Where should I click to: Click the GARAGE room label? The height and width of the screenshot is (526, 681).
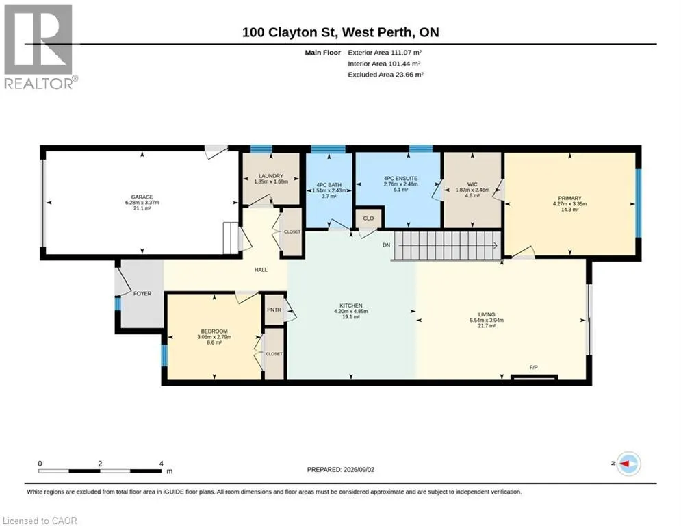(x=142, y=197)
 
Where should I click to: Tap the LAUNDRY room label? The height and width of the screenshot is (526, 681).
(x=271, y=176)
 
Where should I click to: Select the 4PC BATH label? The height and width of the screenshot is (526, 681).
(x=329, y=185)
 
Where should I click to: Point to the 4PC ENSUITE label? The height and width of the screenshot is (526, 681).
(x=400, y=178)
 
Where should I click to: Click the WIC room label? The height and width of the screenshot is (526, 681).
(x=472, y=184)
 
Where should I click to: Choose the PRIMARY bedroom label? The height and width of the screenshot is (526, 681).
(x=570, y=198)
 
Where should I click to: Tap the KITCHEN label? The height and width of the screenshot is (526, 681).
(x=351, y=305)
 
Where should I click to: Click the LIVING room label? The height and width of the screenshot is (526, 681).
(x=487, y=314)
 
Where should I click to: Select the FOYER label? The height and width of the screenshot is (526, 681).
(x=142, y=293)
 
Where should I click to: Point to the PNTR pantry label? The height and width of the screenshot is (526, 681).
(x=274, y=310)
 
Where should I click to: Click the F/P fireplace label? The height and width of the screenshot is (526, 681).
(x=534, y=367)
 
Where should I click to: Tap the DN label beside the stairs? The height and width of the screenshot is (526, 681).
(x=387, y=245)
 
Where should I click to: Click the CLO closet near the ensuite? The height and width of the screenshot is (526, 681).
(x=368, y=218)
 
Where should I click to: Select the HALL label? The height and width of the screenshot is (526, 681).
(x=261, y=270)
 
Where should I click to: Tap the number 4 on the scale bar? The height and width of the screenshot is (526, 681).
(x=162, y=464)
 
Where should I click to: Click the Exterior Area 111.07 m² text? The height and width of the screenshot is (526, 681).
(x=385, y=53)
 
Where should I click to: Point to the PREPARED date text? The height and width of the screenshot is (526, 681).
(x=341, y=469)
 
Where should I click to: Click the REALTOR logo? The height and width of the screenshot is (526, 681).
(x=40, y=47)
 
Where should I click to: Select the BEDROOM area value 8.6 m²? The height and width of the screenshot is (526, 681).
(x=214, y=342)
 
